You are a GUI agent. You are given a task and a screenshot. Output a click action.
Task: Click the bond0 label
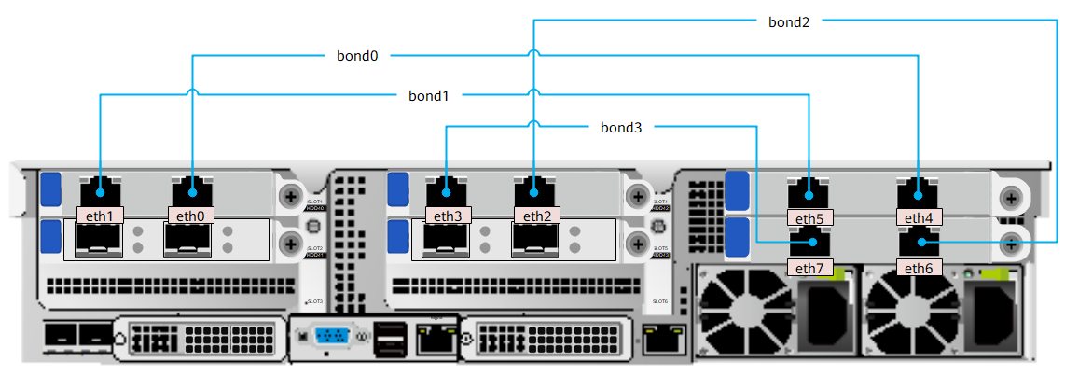tap(357, 56)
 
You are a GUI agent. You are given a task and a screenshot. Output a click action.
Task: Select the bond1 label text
tap(428, 95)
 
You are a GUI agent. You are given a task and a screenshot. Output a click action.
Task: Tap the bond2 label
tap(788, 20)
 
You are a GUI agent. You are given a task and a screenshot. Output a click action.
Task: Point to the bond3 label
tap(621, 127)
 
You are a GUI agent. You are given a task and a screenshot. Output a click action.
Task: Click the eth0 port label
tap(190, 216)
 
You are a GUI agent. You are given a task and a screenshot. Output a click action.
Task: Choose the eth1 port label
tap(100, 216)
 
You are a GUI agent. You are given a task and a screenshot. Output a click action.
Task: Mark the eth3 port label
tap(447, 216)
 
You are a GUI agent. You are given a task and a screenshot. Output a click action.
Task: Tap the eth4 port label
tap(919, 218)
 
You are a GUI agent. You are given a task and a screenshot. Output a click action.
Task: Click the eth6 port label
tap(919, 268)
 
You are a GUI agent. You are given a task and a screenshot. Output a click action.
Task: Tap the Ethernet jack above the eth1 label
tap(100, 190)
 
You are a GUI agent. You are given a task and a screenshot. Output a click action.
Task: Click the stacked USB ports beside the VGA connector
tap(390, 338)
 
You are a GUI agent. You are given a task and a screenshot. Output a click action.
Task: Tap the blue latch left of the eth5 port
tap(737, 189)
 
